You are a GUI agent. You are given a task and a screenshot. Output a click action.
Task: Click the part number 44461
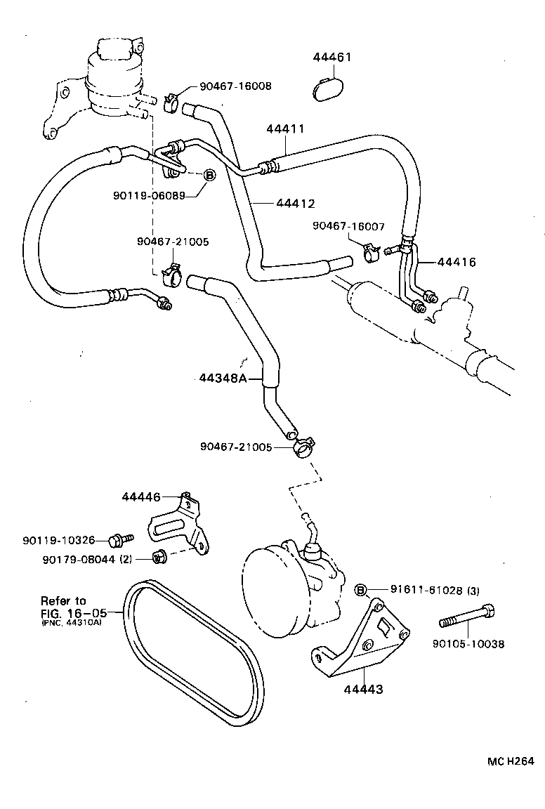[332, 58]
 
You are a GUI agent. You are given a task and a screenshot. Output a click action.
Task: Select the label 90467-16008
[235, 86]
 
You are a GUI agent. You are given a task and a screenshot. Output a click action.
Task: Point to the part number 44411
[285, 129]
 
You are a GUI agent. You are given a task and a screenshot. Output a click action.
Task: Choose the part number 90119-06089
[149, 196]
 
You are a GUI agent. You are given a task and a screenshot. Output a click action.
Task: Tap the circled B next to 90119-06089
[209, 176]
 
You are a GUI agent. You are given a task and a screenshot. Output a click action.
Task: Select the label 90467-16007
[349, 226]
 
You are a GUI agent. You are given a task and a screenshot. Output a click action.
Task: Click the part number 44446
[141, 496]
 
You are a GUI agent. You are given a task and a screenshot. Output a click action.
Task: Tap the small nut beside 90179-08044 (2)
[159, 558]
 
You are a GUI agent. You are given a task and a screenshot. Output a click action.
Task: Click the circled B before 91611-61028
[361, 590]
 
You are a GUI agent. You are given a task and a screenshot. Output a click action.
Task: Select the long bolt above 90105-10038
[468, 619]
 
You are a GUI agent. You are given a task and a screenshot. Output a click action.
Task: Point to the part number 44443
[363, 689]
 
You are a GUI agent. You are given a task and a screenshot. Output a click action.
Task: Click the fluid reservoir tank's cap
[112, 50]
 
